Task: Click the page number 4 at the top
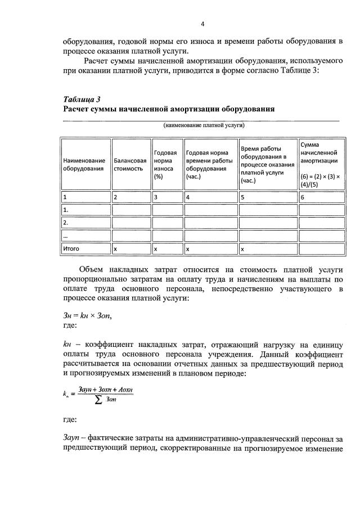click(x=202, y=24)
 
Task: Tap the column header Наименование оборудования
click(x=84, y=164)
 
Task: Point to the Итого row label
click(x=71, y=249)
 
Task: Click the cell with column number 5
click(x=242, y=197)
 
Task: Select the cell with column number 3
click(x=156, y=197)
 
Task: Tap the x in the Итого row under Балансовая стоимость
click(x=115, y=249)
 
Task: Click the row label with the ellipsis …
click(x=66, y=236)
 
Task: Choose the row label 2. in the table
click(x=66, y=223)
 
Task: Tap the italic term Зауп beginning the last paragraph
click(x=73, y=438)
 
